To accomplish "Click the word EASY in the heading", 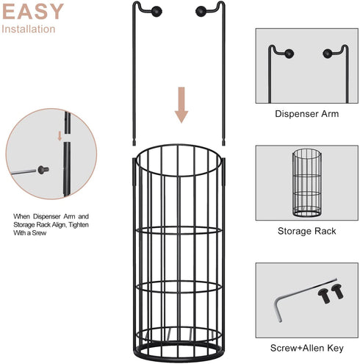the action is [x=33, y=11].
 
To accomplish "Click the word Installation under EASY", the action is [x=29, y=29].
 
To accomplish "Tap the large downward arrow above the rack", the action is [x=181, y=105].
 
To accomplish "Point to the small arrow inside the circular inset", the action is [x=60, y=136].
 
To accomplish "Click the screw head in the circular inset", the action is [x=43, y=169].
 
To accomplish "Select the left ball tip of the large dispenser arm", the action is [x=156, y=12].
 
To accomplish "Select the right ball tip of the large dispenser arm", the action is [x=201, y=12].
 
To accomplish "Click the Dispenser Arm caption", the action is [x=307, y=114].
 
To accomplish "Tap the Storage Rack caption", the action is [x=307, y=231].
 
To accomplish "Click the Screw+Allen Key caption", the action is [x=307, y=348].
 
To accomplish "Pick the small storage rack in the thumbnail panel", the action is [x=307, y=182].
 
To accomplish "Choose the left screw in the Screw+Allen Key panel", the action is [x=324, y=296].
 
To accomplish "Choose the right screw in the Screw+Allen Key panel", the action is [x=337, y=291].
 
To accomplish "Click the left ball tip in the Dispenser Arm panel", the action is [x=289, y=54].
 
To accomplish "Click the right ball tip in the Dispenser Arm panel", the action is [x=327, y=54].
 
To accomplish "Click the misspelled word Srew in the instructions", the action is [x=39, y=233].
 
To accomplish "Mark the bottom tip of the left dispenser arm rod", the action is [x=134, y=145].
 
